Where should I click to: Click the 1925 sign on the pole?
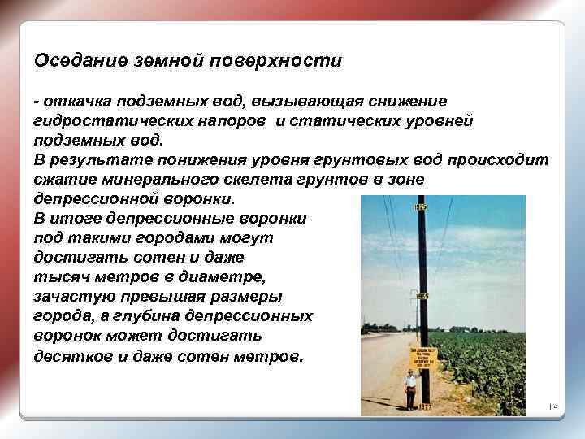(x=420, y=207)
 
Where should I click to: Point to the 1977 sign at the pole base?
(x=422, y=406)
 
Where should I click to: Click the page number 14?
(x=553, y=406)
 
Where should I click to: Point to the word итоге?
(x=79, y=219)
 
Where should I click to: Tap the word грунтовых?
(x=381, y=160)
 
